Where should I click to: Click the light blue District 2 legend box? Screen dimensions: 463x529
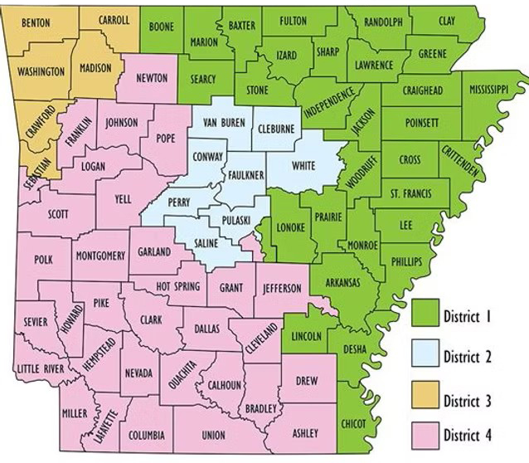427,357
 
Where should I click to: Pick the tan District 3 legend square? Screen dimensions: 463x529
427,400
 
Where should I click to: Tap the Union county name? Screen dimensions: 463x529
213,434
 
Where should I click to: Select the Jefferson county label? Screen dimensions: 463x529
288,287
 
